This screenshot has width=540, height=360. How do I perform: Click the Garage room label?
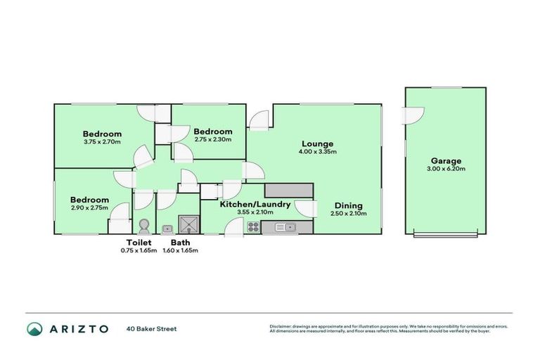[x=445, y=160]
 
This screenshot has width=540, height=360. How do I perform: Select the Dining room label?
[x=349, y=205]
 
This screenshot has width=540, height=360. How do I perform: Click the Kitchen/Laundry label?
[x=255, y=205]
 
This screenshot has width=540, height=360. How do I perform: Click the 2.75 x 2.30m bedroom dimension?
[x=213, y=139]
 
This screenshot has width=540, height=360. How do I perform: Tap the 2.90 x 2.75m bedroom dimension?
[x=89, y=208]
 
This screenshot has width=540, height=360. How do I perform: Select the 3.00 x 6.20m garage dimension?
[x=445, y=169]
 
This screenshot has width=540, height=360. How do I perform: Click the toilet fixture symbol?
[x=144, y=226]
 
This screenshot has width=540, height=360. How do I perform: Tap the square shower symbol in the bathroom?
[x=188, y=224]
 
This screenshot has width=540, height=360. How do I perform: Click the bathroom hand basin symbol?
[x=168, y=228]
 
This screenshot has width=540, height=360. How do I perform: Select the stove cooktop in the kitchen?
[x=253, y=226]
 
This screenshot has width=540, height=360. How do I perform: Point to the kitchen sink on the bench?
[x=285, y=227]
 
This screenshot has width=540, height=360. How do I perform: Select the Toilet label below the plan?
[x=139, y=243]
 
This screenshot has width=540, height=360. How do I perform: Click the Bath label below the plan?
[x=180, y=243]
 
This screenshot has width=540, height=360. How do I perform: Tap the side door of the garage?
[x=413, y=115]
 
